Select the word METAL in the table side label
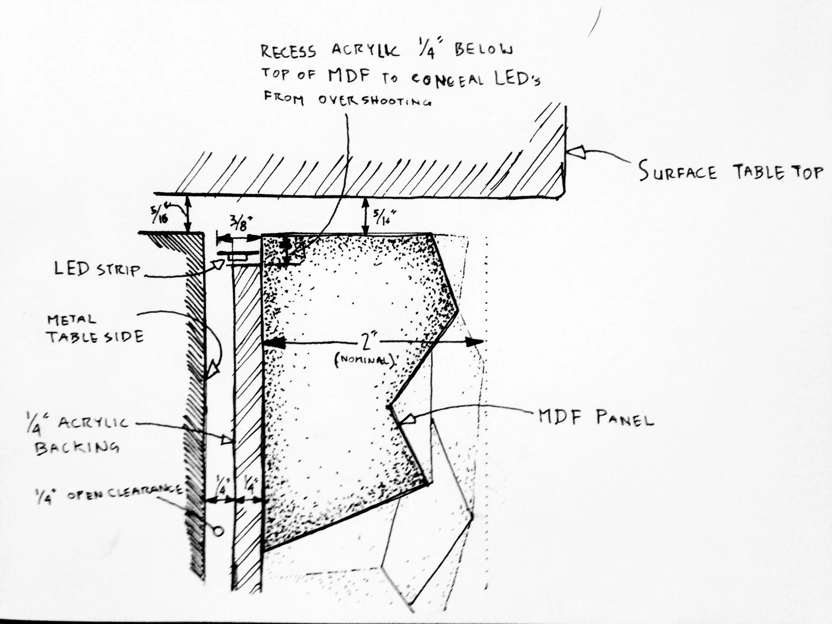[72, 320]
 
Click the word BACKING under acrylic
[77, 448]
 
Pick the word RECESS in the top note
[289, 52]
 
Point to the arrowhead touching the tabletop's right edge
[576, 151]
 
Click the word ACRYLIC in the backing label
[93, 422]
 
